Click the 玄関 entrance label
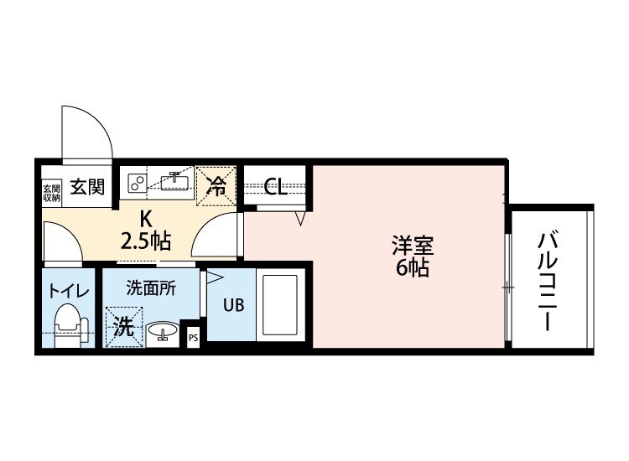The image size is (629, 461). (86, 187)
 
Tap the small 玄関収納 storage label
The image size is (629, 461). (51, 191)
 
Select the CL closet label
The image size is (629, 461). (276, 187)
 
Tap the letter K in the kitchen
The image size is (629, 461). (146, 220)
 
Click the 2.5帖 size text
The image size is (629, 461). (146, 242)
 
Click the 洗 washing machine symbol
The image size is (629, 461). (124, 325)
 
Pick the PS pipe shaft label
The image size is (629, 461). (193, 339)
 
